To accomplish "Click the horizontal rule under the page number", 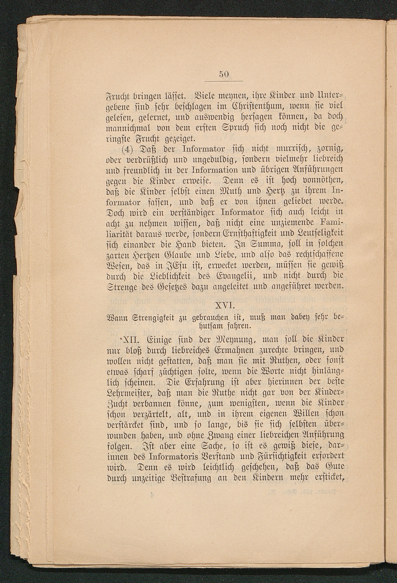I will pyautogui.click(x=224, y=81).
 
